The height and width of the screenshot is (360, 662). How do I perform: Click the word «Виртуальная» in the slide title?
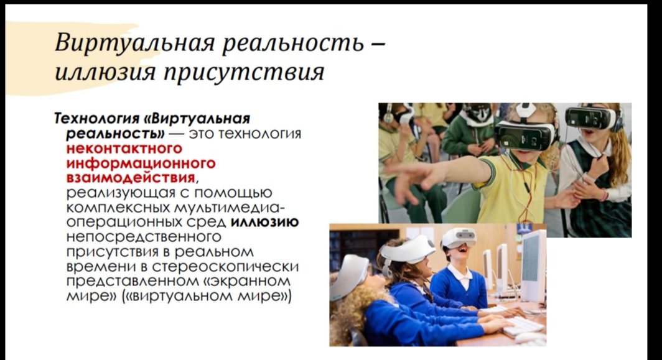tap(135, 44)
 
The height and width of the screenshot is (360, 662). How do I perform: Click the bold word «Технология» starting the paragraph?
tap(96, 119)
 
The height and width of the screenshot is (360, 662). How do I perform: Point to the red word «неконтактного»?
tap(124, 148)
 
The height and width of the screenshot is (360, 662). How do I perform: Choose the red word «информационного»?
tap(141, 164)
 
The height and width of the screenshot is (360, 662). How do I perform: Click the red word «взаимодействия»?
tap(131, 178)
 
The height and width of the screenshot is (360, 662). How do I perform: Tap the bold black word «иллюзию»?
tap(264, 222)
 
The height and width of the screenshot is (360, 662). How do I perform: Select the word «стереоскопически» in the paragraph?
tap(225, 267)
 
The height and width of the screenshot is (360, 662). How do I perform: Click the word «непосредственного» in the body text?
tap(144, 237)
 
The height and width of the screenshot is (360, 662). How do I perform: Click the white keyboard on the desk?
tap(523, 326)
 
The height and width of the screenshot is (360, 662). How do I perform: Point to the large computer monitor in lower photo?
tap(533, 266)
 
